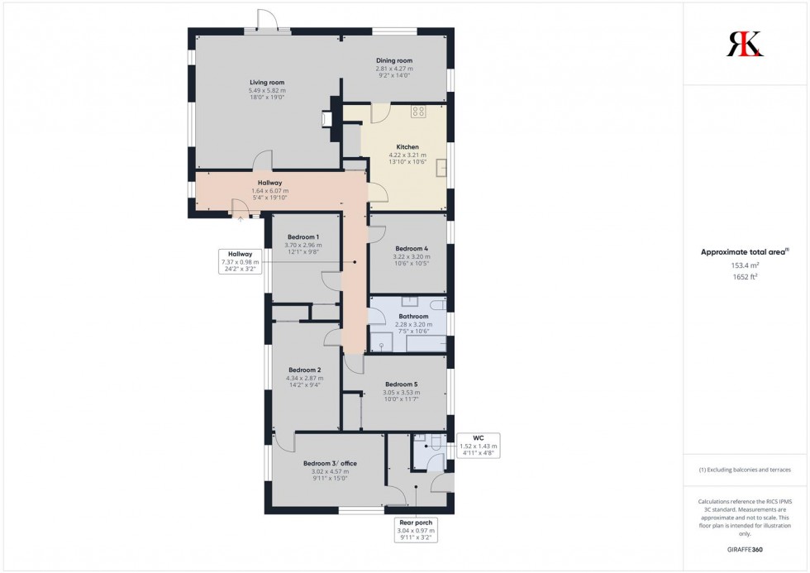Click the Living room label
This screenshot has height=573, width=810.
click(x=267, y=82)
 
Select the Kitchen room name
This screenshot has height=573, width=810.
click(x=407, y=147)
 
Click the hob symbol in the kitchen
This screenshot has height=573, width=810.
click(x=418, y=111)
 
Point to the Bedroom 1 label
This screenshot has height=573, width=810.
click(x=303, y=237)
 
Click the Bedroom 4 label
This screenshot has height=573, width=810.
click(x=412, y=249)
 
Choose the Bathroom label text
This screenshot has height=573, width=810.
click(x=413, y=317)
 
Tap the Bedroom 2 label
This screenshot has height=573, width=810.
click(x=304, y=370)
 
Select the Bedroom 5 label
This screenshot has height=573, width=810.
click(x=402, y=384)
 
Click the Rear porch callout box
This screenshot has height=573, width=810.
click(x=417, y=529)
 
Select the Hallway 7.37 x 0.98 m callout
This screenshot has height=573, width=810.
click(x=240, y=261)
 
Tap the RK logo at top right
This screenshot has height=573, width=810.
click(x=745, y=44)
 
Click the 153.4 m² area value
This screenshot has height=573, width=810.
click(x=745, y=265)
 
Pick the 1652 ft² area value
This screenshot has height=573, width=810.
click(x=745, y=277)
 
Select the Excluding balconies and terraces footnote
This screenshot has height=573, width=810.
click(x=745, y=470)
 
